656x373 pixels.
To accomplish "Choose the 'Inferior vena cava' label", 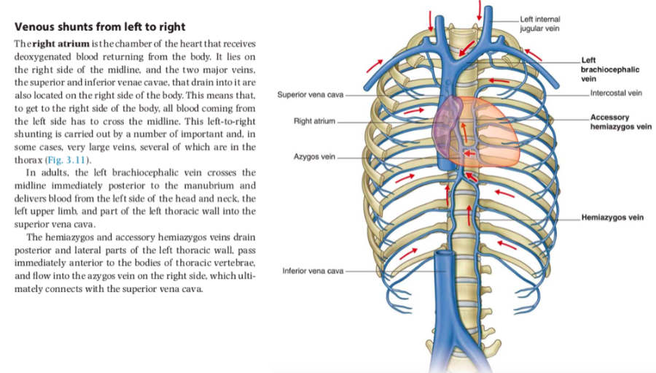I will pyautogui.click(x=312, y=271).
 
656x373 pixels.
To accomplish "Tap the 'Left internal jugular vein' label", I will pyautogui.click(x=540, y=22).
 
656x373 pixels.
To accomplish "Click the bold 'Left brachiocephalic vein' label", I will pyautogui.click(x=609, y=69).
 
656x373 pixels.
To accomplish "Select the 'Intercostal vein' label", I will pyautogui.click(x=615, y=93).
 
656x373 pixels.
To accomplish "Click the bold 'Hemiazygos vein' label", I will pyautogui.click(x=612, y=218).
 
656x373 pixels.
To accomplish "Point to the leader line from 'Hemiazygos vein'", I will pyautogui.click(x=532, y=218).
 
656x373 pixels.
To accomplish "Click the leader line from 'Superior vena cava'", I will pyautogui.click(x=394, y=95).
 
